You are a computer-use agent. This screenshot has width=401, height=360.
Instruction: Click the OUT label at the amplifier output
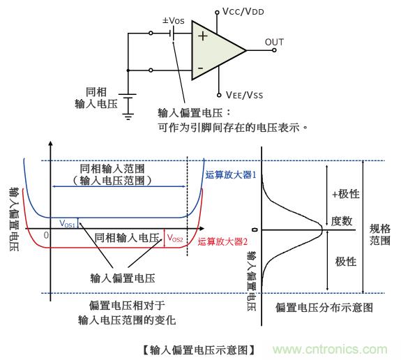[274, 42]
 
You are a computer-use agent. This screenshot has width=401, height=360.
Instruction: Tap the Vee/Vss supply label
[244, 93]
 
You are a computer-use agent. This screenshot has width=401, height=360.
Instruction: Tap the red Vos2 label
[174, 237]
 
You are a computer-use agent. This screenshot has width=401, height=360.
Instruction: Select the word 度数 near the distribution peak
[342, 221]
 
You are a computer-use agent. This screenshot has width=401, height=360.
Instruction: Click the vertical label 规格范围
[380, 229]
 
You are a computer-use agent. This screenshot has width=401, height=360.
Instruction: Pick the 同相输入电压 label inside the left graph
[124, 238]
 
